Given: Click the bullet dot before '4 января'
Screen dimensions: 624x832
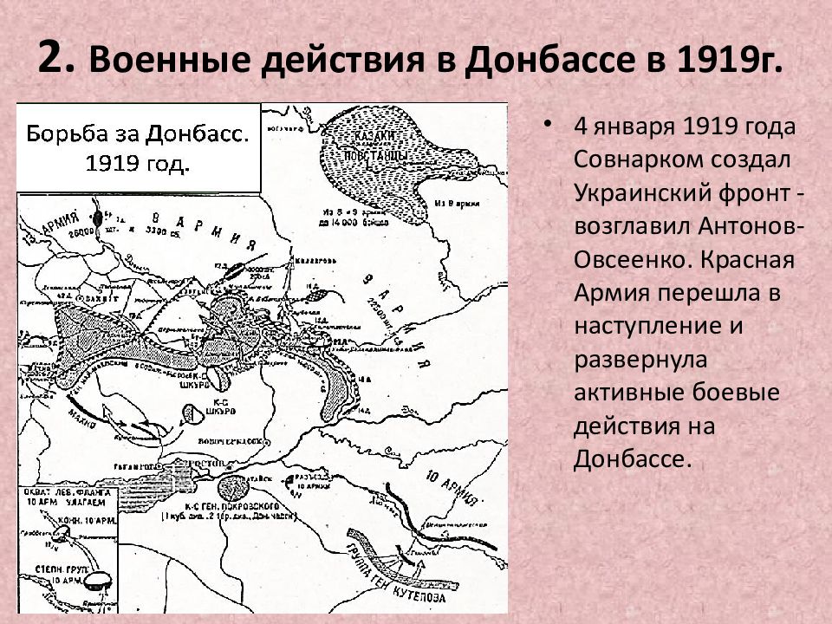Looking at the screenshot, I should [x=547, y=124].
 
